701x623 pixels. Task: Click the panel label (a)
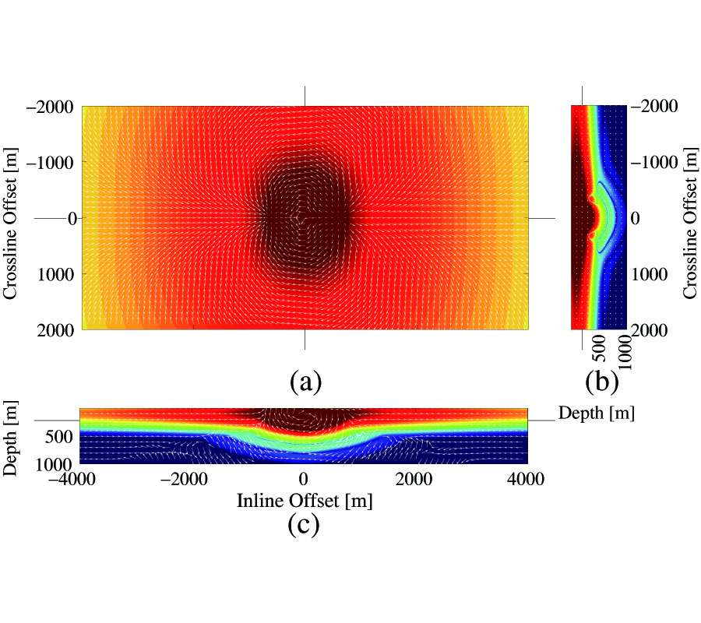coord(305,382)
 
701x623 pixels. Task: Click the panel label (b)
coord(602,382)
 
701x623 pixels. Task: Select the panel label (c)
coord(305,525)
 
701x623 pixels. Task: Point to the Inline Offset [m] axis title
coord(305,502)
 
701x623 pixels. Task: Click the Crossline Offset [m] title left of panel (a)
coord(11,218)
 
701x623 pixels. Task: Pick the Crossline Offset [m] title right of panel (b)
coord(690,218)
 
